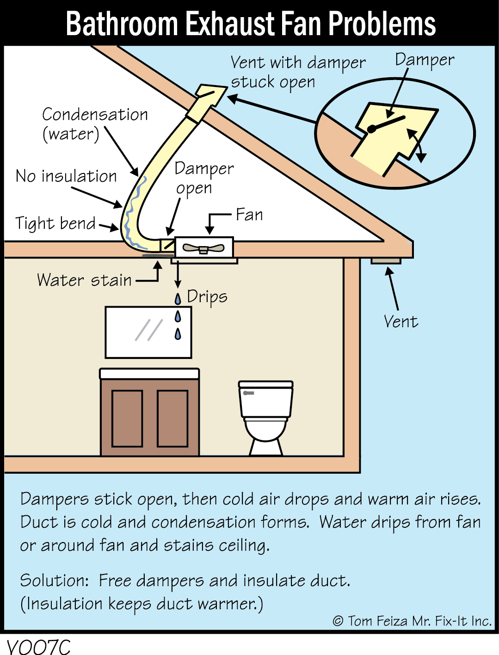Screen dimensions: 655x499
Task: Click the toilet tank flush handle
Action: click(x=249, y=393)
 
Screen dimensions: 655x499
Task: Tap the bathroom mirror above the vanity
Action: click(x=148, y=332)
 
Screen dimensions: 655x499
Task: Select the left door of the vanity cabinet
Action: click(x=127, y=418)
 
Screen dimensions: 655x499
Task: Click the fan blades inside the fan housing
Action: click(x=203, y=248)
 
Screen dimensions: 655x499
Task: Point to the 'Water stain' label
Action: click(x=84, y=280)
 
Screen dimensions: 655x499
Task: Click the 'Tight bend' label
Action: click(x=55, y=223)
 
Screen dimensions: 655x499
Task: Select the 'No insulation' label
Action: click(x=66, y=176)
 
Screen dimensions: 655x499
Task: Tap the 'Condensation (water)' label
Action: click(x=95, y=124)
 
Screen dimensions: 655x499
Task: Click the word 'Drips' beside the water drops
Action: click(x=207, y=297)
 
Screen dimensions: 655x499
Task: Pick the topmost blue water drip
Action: click(x=178, y=299)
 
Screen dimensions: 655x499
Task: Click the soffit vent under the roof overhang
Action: click(x=386, y=261)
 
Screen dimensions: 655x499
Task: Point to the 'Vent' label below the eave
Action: click(x=400, y=321)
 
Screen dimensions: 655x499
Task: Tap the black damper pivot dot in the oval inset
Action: click(x=371, y=129)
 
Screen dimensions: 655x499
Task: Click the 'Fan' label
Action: click(x=249, y=215)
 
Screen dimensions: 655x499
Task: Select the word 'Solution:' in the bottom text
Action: click(x=54, y=581)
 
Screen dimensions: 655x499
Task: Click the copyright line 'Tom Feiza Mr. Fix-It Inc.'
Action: click(x=412, y=621)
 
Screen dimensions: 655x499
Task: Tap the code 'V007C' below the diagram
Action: click(x=39, y=646)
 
